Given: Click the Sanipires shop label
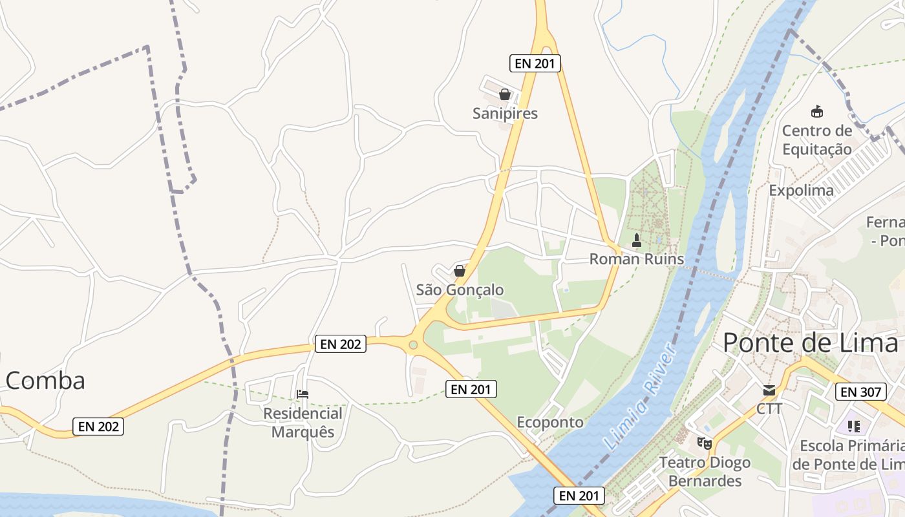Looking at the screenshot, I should pos(505,114).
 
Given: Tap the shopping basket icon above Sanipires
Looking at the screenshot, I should pos(505,95).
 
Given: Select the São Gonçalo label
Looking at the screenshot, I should pos(460,290).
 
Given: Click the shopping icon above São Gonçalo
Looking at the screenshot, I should pos(460,271).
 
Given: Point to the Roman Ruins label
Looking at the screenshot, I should pos(636,259).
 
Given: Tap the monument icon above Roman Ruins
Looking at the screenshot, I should pos(637,241).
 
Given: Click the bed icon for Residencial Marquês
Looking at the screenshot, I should pos(303,394).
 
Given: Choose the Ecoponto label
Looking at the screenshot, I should pos(550,422).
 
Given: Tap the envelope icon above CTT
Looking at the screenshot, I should pos(769,390).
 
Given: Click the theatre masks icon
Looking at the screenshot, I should pos(704,443).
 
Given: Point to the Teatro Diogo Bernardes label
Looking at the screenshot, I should pos(705,471).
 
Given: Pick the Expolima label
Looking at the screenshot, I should pos(801,191).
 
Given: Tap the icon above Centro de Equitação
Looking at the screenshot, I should pos(817,112).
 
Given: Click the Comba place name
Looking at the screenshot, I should pos(45,381).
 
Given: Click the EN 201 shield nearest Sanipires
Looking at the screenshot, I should pos(535,63).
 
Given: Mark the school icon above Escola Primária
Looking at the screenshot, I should pos(854,427).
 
